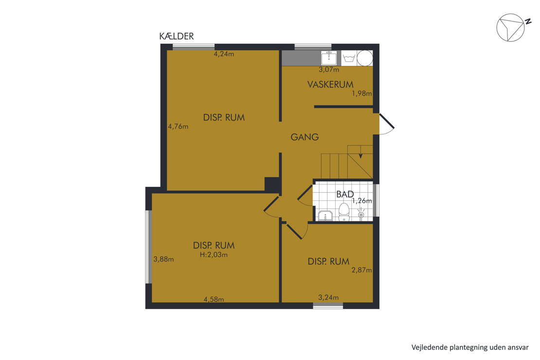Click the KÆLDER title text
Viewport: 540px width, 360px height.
[x=176, y=36]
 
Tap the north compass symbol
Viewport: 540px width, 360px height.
[x=511, y=28]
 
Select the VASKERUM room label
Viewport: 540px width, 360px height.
[x=330, y=84]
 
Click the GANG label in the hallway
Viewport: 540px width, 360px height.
[x=305, y=137]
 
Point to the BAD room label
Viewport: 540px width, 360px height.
[x=345, y=194]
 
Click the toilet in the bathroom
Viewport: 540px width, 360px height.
[x=344, y=212]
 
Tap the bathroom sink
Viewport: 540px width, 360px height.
[x=325, y=216]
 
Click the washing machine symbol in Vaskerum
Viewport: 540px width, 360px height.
[x=349, y=58]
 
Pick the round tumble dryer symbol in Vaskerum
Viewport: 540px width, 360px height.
[x=365, y=58]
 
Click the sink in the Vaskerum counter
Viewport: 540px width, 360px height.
[x=329, y=58]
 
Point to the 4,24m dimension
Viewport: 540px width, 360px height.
[x=224, y=54]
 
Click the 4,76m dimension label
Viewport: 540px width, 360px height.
[x=178, y=126]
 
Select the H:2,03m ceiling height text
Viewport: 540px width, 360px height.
[x=214, y=255]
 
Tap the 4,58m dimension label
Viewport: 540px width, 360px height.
[x=214, y=299]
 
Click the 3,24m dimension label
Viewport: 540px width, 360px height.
[x=328, y=297]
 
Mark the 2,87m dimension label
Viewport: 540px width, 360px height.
[x=361, y=270]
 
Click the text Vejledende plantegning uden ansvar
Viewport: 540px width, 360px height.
[x=470, y=347]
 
